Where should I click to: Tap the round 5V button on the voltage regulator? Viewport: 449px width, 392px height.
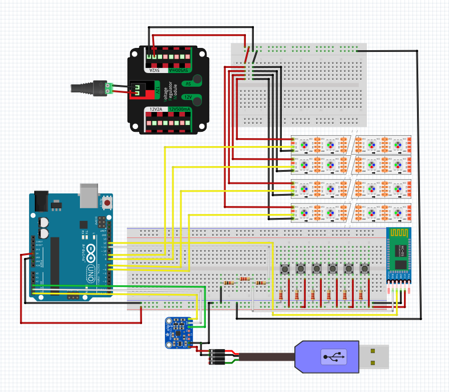point(197,80)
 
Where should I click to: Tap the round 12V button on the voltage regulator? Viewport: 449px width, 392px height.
point(197,101)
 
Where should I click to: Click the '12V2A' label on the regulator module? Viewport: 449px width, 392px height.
point(156,109)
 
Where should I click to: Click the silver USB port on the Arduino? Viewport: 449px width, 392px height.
point(89,195)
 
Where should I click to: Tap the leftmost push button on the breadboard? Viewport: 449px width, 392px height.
point(284,268)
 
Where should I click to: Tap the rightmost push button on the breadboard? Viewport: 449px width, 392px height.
point(363,268)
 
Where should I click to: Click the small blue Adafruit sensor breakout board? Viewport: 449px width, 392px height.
point(183,332)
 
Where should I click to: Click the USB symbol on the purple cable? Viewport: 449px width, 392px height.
point(334,357)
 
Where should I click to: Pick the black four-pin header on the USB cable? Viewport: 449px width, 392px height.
point(216,357)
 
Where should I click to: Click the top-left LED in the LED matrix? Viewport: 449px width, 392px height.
point(305,146)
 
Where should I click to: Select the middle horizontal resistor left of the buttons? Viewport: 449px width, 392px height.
point(245,279)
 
